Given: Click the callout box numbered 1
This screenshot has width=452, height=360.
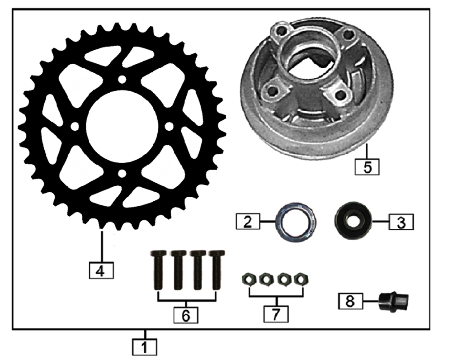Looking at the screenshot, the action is click(145, 347).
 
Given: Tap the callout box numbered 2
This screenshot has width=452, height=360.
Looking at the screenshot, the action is click(248, 222).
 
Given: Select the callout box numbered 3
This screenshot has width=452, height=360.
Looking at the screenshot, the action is click(401, 222).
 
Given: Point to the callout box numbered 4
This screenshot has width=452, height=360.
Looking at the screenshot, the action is click(101, 270).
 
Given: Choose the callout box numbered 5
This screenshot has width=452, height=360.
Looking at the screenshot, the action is click(367, 166).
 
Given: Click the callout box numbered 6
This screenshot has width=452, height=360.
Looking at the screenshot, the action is click(186, 315).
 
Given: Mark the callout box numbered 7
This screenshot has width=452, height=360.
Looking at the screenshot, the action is click(276, 314).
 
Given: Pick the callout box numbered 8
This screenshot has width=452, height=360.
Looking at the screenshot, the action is click(350, 301).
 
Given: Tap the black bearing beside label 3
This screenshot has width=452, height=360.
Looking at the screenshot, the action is click(353, 220).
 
